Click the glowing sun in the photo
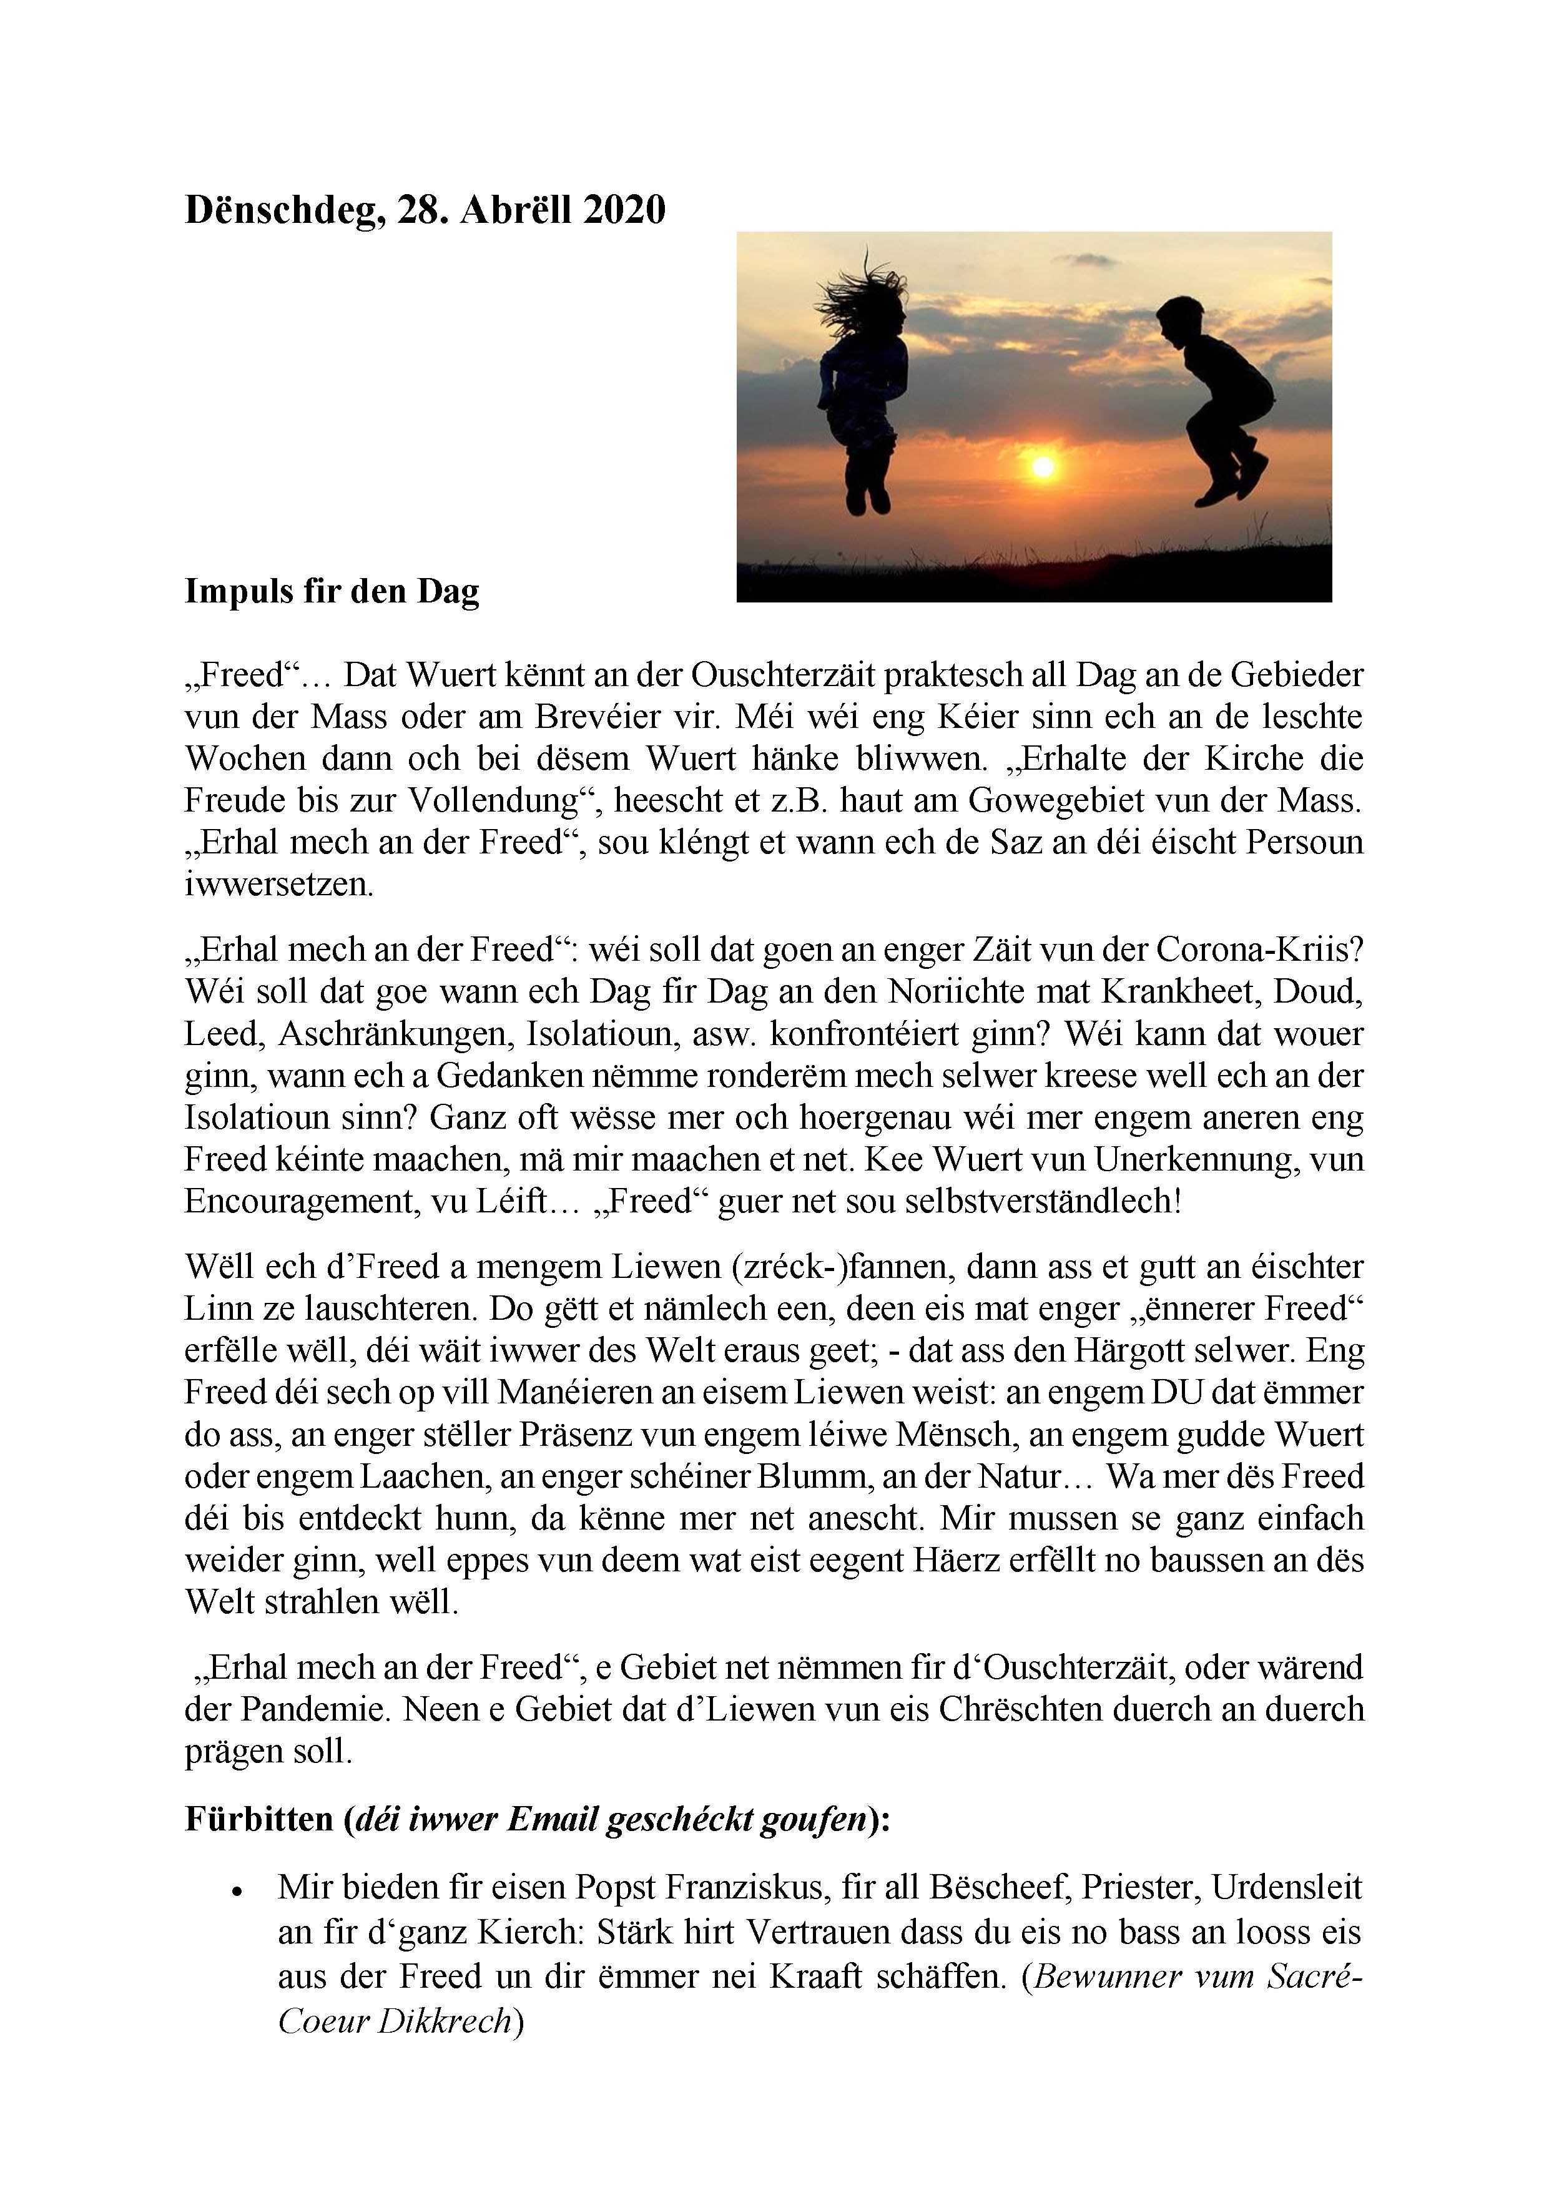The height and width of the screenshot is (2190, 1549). [1043, 466]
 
